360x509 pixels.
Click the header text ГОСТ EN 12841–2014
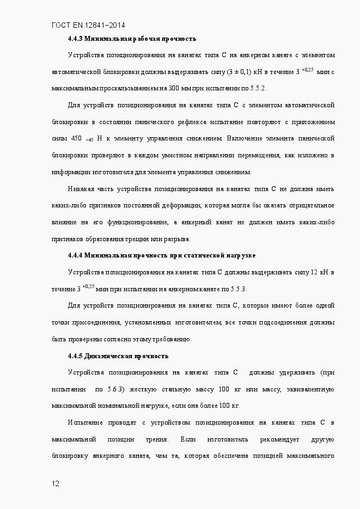[x=91, y=25]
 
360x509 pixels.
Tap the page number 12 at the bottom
[x=56, y=483]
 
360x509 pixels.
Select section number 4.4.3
[x=75, y=39]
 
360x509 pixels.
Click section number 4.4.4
[x=75, y=255]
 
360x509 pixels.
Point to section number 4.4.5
[x=75, y=356]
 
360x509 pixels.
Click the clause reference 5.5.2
[x=258, y=88]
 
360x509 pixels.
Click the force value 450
[x=77, y=139]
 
